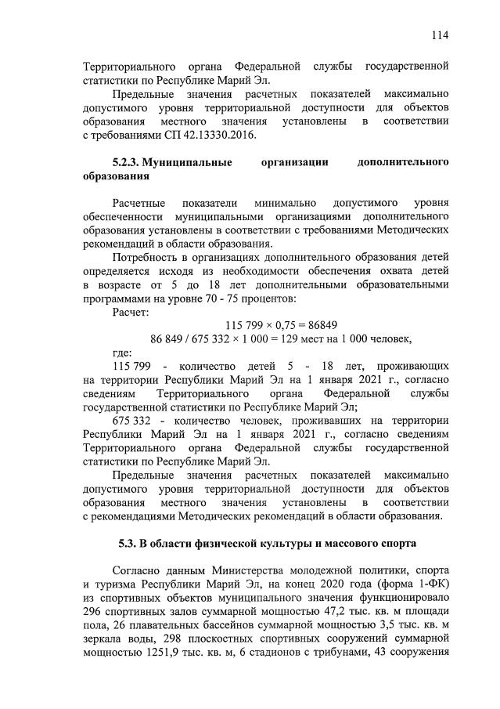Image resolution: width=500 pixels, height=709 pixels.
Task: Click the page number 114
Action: click(440, 34)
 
